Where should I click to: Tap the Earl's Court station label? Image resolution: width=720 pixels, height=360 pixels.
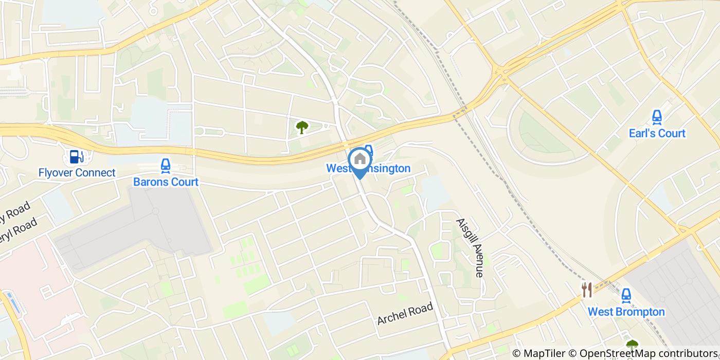657,133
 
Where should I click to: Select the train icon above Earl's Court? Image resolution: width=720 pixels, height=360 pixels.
657,118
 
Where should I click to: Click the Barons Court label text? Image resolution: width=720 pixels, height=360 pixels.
166,182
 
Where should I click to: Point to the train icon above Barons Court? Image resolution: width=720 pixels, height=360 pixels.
165,166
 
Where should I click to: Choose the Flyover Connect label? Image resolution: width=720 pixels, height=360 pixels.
77,172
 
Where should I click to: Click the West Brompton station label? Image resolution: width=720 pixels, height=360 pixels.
626,312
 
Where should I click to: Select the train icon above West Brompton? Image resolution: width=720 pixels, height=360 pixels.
626,296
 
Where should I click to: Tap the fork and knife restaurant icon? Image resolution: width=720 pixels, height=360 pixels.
587,290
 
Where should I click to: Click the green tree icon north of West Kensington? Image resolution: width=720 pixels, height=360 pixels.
302,127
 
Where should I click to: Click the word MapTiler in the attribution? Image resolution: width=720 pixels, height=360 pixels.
544,353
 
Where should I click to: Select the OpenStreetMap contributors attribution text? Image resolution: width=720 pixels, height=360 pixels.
649,353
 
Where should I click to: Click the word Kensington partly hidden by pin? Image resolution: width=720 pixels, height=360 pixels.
386,169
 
